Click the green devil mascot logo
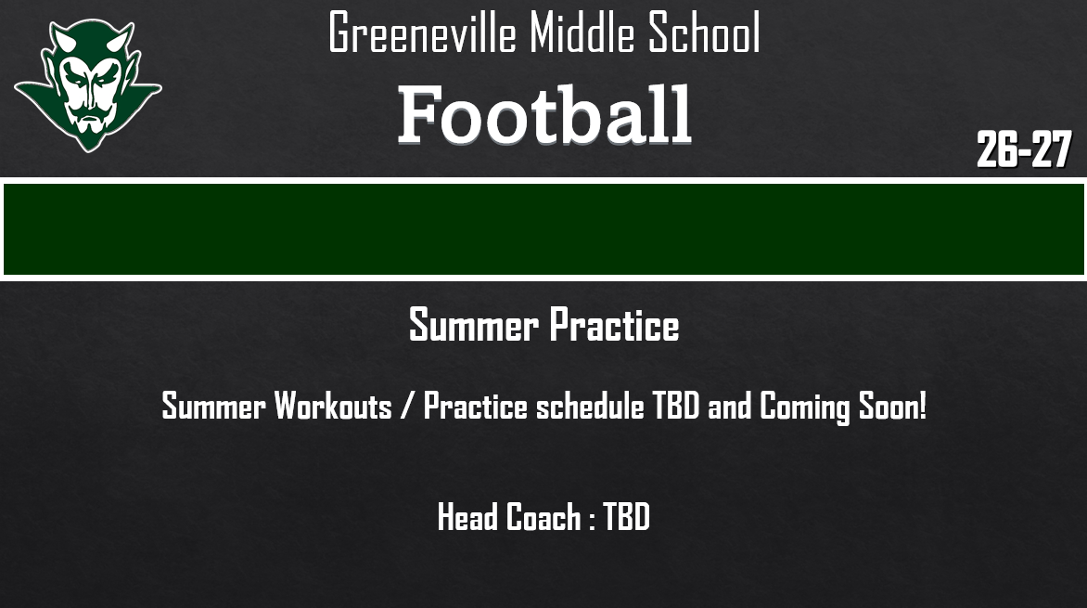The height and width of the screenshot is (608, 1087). pos(87,84)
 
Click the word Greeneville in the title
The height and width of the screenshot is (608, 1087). pos(423,33)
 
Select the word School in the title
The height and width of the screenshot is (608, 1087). pos(705,33)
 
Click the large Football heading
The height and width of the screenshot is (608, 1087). pos(544,116)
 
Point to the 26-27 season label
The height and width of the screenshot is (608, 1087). pos(1024,149)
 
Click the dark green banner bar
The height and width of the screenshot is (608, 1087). pos(543,229)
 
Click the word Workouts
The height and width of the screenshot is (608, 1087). pos(333,407)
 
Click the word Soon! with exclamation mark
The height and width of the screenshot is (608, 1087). pos(892,407)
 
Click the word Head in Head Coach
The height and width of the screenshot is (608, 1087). pos(468,517)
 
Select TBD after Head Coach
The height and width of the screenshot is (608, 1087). pos(627,517)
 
